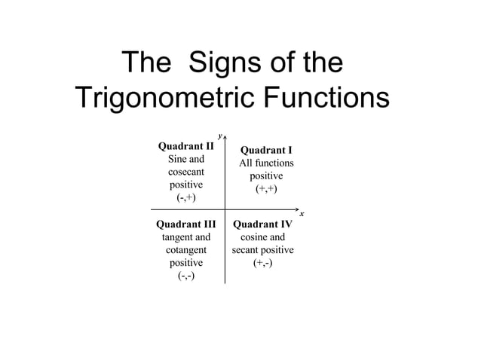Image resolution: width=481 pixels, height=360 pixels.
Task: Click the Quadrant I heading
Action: coord(266,151)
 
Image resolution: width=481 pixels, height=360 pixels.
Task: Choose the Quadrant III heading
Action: coord(185,224)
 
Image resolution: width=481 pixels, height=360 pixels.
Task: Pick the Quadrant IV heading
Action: coord(262,224)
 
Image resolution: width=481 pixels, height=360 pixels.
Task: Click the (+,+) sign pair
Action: coord(266,189)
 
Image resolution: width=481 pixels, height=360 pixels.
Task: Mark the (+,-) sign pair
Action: coord(262,263)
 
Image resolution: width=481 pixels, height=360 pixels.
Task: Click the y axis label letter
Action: coord(219,136)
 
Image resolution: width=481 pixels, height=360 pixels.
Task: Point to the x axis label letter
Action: coord(302,215)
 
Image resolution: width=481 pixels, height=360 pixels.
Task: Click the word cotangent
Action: coord(185,250)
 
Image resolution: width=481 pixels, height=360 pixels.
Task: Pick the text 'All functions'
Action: coord(266,163)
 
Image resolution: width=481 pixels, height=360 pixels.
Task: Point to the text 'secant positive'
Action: coord(262,250)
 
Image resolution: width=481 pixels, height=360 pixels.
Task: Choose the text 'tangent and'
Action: coord(185,237)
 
